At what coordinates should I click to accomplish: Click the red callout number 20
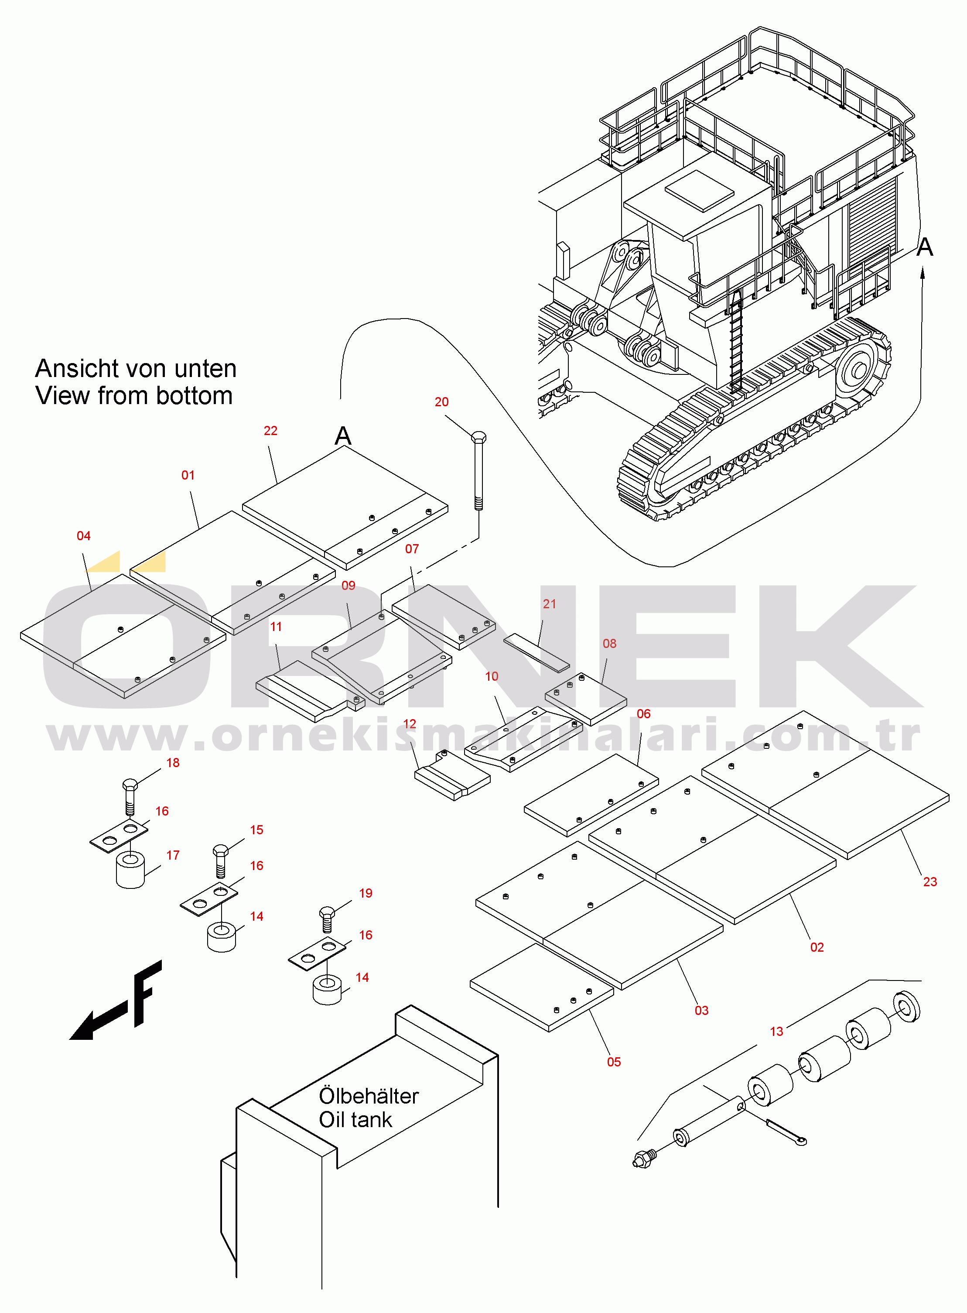point(441,402)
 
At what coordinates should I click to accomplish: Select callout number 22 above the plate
point(270,430)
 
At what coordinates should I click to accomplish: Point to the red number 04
point(84,535)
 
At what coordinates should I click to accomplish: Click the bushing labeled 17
point(130,871)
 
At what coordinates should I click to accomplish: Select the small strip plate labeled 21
point(536,651)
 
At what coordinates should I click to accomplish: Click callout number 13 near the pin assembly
point(776,1048)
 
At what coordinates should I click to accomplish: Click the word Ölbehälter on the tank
point(369,1096)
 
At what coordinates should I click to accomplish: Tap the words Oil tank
point(355,1120)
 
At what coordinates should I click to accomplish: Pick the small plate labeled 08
point(585,697)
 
